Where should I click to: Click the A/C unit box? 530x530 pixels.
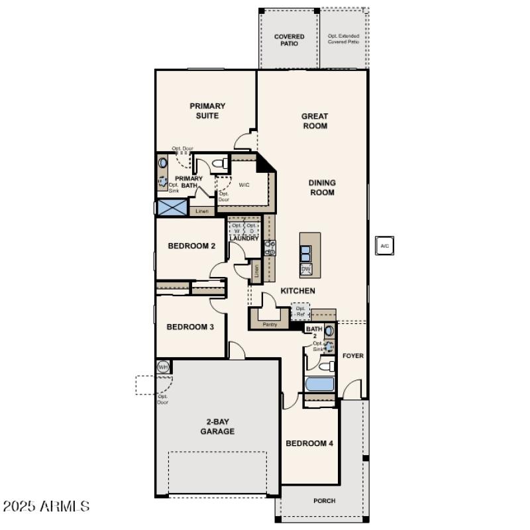(x=384, y=246)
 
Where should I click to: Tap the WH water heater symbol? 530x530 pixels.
(x=163, y=366)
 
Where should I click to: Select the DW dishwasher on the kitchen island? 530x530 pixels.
(x=306, y=268)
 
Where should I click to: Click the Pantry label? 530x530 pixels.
(x=270, y=325)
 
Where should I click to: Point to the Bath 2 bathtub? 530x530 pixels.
(x=320, y=384)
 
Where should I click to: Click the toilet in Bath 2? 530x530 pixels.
(x=326, y=366)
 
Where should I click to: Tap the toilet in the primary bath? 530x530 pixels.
(x=222, y=163)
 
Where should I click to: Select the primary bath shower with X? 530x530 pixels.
(x=172, y=207)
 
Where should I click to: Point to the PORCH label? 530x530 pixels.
(x=325, y=501)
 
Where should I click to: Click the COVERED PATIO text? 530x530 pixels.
(x=290, y=40)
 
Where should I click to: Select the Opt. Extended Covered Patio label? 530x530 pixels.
(x=343, y=38)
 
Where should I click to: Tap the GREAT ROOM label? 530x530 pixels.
(x=315, y=121)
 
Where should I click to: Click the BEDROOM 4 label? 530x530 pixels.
(x=309, y=443)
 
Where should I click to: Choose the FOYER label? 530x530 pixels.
(x=352, y=356)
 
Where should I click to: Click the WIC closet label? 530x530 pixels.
(x=244, y=185)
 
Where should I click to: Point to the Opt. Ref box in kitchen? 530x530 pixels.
(x=300, y=311)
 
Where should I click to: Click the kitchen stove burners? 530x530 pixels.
(x=270, y=248)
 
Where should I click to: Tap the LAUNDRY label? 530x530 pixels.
(x=244, y=238)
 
